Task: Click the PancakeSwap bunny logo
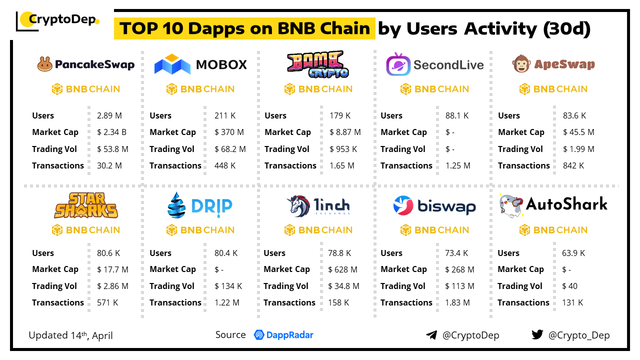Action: (x=45, y=64)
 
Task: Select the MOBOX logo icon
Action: (x=172, y=64)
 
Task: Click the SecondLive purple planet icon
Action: (x=398, y=65)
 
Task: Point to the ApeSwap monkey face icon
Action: (x=521, y=64)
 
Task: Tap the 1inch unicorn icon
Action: (x=299, y=205)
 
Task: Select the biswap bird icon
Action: (x=402, y=205)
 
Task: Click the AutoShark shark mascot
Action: (x=511, y=205)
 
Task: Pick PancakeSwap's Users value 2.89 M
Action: (x=109, y=115)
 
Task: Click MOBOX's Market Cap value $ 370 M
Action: (x=229, y=132)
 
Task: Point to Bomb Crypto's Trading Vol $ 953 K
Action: (x=343, y=149)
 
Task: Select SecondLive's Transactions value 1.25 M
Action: (x=457, y=165)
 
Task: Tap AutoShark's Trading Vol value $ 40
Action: (x=569, y=286)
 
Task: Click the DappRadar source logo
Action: (x=283, y=335)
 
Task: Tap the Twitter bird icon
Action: (x=537, y=334)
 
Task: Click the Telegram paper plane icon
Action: (x=431, y=335)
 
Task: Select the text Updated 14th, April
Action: (x=70, y=335)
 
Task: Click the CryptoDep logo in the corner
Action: (x=57, y=20)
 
